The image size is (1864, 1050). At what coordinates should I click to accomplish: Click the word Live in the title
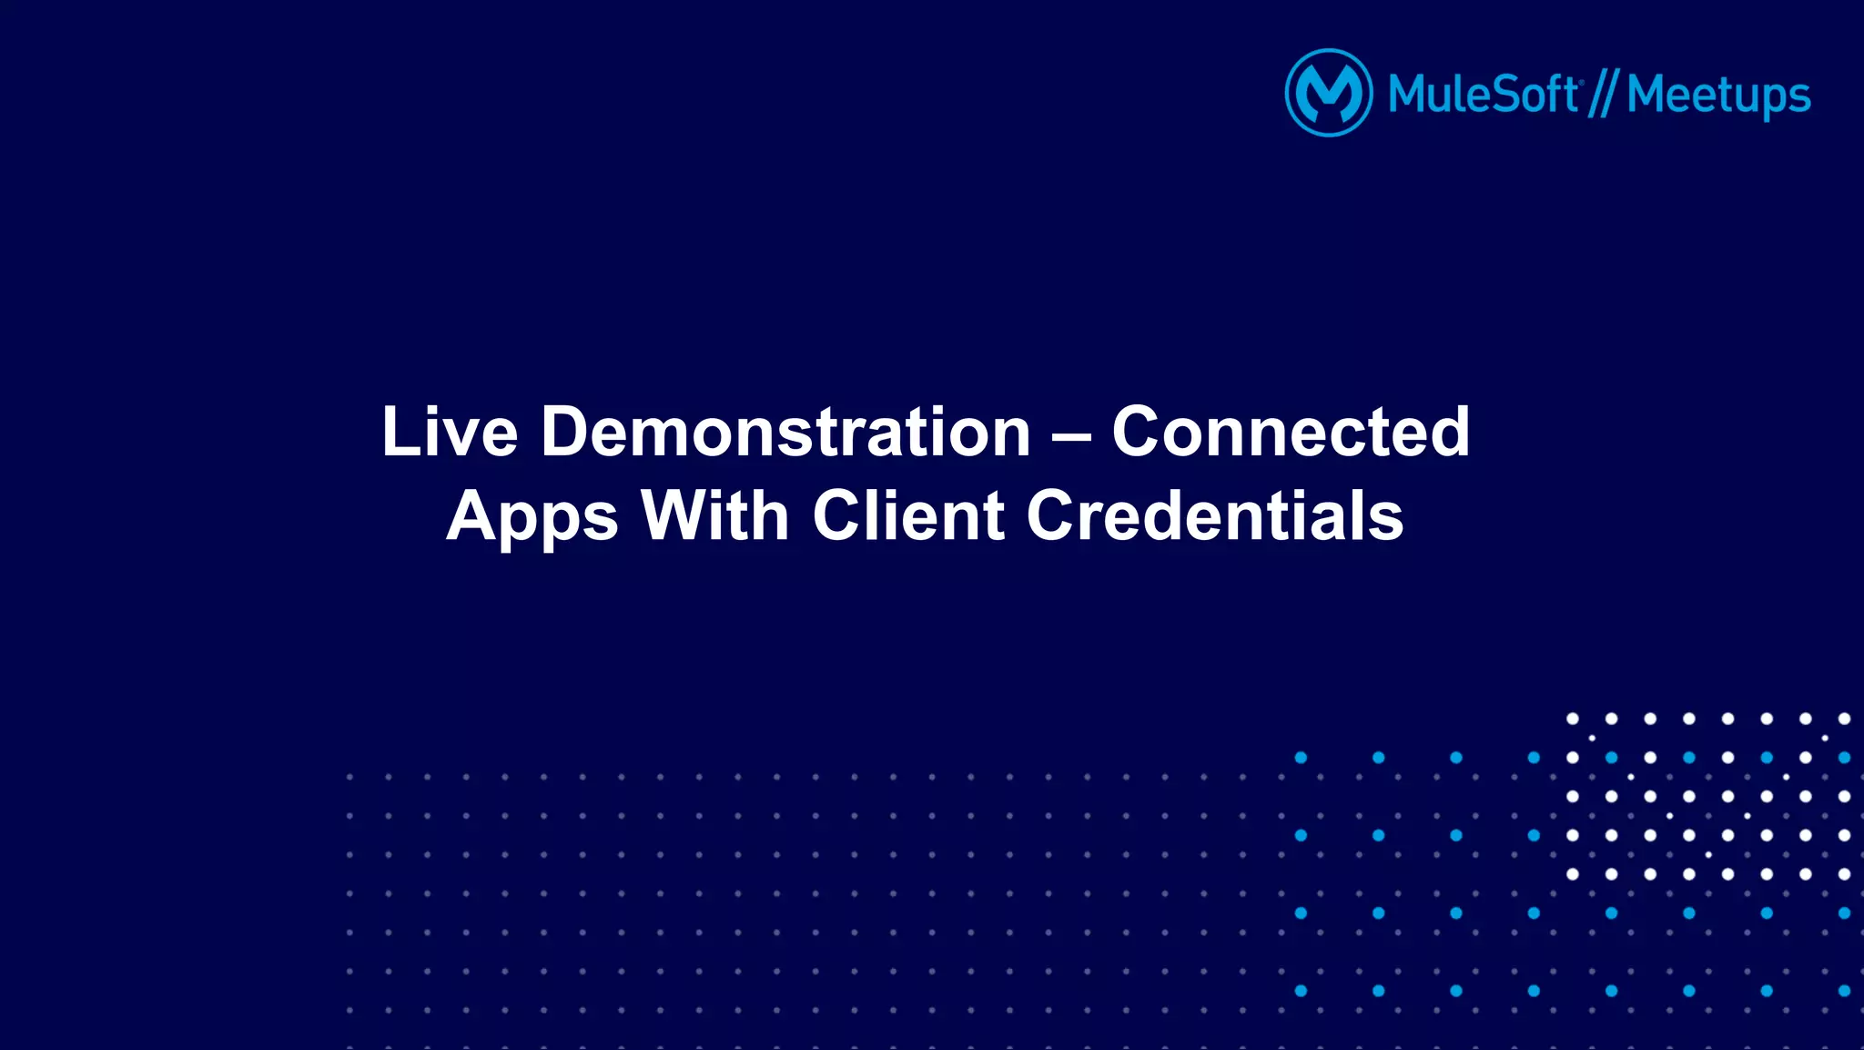(x=450, y=432)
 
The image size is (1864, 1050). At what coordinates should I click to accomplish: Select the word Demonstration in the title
(x=785, y=432)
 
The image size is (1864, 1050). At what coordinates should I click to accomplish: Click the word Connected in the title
(x=1291, y=432)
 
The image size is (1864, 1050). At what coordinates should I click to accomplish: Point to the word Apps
(x=532, y=517)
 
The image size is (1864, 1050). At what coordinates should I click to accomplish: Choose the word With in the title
(x=714, y=516)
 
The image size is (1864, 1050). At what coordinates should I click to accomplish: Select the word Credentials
(x=1215, y=516)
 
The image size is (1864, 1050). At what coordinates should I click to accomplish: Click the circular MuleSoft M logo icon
(x=1328, y=93)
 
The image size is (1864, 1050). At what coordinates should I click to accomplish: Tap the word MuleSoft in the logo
(x=1483, y=95)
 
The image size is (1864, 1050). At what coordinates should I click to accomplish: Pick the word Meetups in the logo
(x=1718, y=97)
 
